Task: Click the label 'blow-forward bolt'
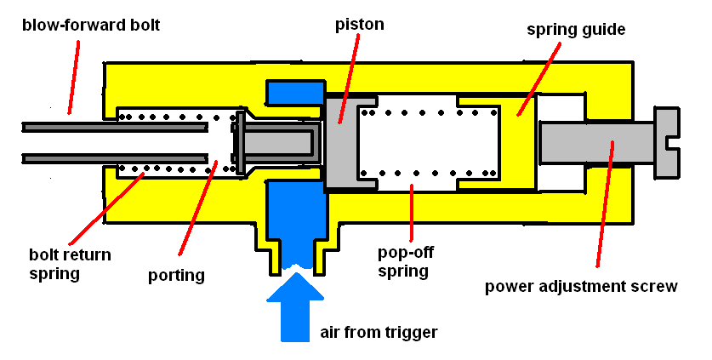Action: coord(91,26)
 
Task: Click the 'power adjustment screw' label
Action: coord(581,286)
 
